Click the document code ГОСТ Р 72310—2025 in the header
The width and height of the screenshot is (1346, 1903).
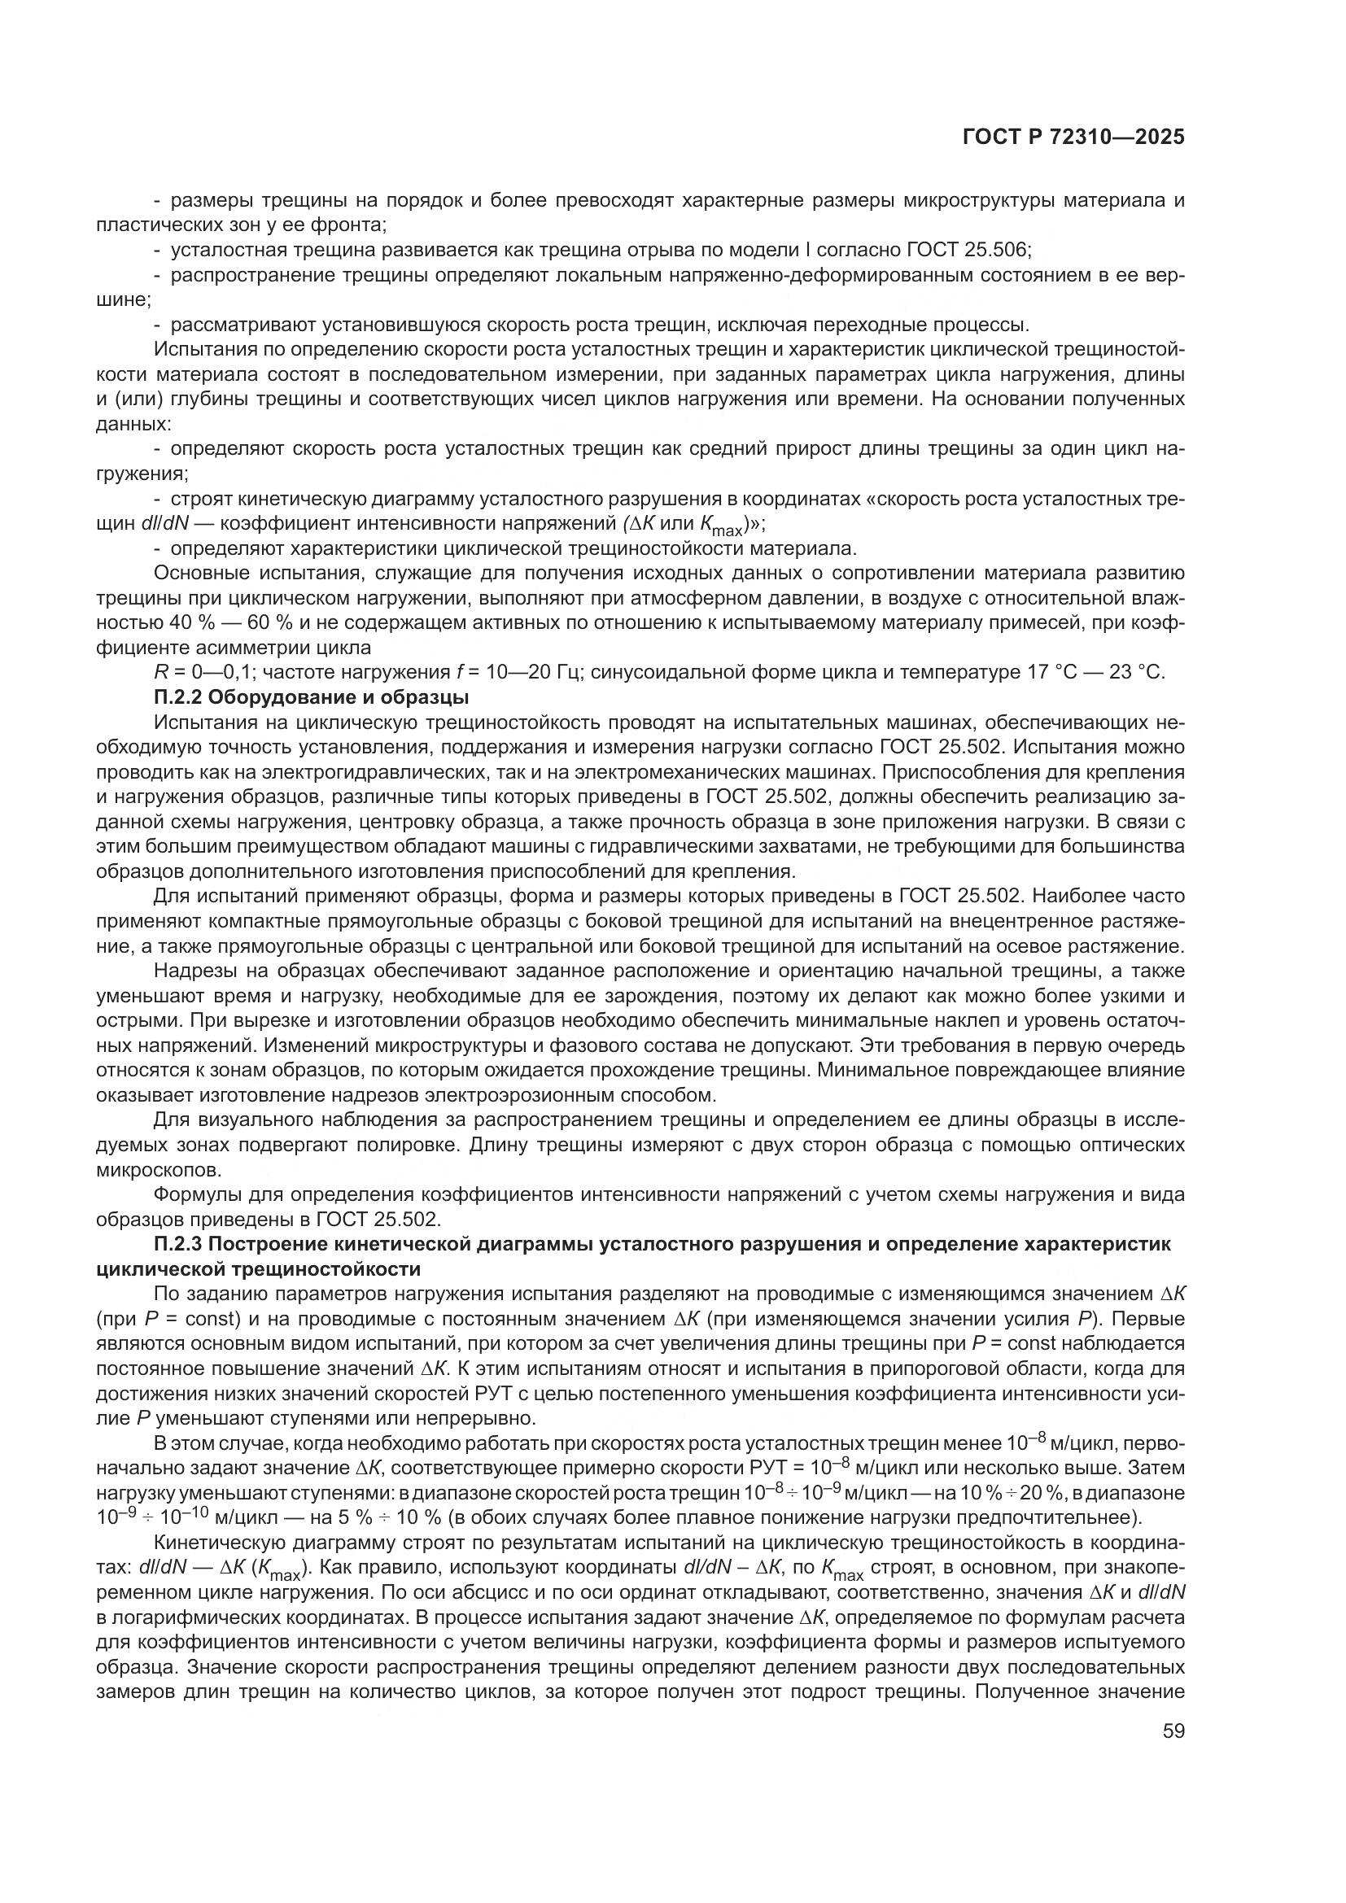pyautogui.click(x=1073, y=137)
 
